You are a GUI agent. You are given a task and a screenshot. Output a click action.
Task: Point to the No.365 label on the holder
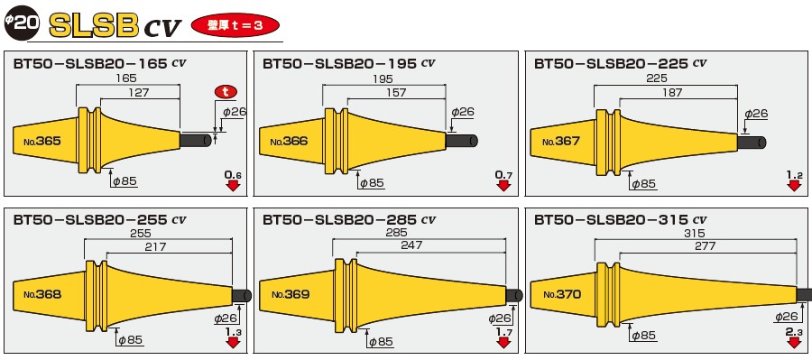click(37, 141)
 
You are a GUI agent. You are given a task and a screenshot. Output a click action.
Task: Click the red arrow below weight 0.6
click(233, 186)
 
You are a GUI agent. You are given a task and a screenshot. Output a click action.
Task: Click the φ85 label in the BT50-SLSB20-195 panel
click(370, 182)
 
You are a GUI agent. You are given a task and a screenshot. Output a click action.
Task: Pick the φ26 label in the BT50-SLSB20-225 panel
click(755, 113)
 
